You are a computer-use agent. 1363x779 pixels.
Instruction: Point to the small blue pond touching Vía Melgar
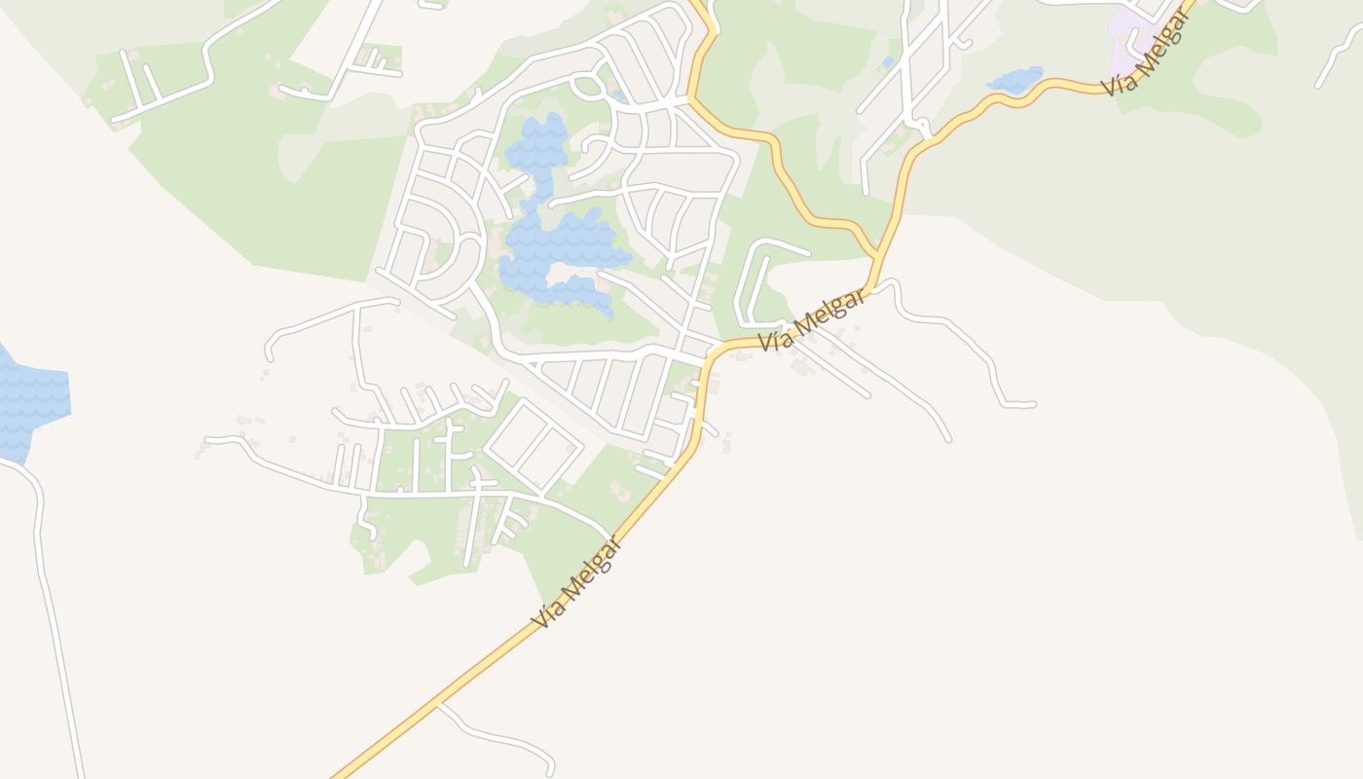click(1014, 79)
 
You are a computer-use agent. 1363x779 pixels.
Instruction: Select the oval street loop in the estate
click(588, 86)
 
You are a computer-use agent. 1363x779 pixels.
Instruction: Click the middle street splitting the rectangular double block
click(534, 446)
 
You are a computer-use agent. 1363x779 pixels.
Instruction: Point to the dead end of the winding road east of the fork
click(1032, 404)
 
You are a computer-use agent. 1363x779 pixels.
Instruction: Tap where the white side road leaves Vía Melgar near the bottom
click(438, 703)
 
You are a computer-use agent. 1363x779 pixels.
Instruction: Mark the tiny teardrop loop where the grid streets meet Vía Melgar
click(921, 124)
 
